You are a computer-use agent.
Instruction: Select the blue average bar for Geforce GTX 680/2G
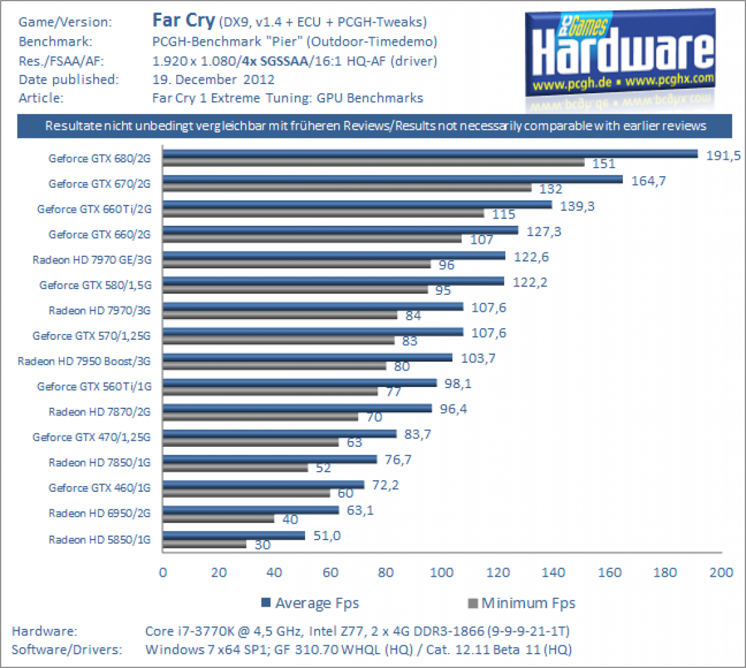(x=430, y=154)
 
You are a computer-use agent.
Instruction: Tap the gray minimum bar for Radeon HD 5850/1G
(x=205, y=544)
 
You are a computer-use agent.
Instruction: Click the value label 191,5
(x=723, y=155)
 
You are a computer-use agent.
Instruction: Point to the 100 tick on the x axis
(x=441, y=572)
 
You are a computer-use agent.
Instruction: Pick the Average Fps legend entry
(x=310, y=603)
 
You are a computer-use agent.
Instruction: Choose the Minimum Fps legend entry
(x=522, y=603)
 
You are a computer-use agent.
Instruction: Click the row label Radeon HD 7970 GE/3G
(x=92, y=260)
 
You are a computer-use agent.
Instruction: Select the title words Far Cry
(x=184, y=20)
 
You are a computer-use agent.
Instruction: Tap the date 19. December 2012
(x=213, y=80)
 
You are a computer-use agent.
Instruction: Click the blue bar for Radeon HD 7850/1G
(x=270, y=459)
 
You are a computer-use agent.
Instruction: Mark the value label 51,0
(x=327, y=536)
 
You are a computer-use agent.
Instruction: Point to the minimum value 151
(x=604, y=164)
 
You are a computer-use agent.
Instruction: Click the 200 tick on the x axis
(x=721, y=572)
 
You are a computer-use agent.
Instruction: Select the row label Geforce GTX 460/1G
(x=99, y=488)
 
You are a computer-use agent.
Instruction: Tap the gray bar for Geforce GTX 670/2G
(x=347, y=188)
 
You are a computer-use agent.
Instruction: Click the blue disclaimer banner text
(x=376, y=126)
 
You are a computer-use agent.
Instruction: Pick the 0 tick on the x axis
(x=163, y=572)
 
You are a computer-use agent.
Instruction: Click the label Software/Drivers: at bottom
(x=67, y=650)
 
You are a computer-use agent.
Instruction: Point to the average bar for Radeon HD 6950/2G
(x=250, y=510)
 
